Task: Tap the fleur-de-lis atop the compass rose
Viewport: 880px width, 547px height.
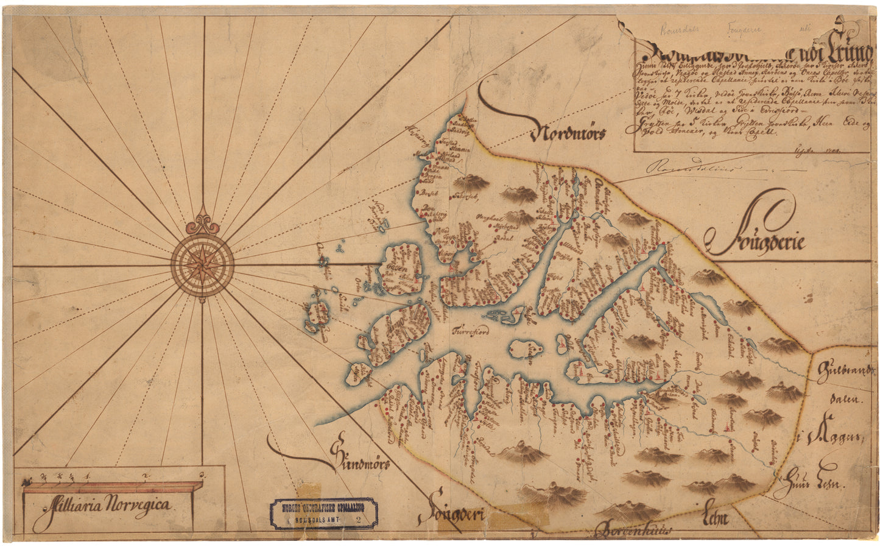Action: pyautogui.click(x=202, y=223)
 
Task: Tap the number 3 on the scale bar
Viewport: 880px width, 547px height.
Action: pyautogui.click(x=202, y=473)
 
